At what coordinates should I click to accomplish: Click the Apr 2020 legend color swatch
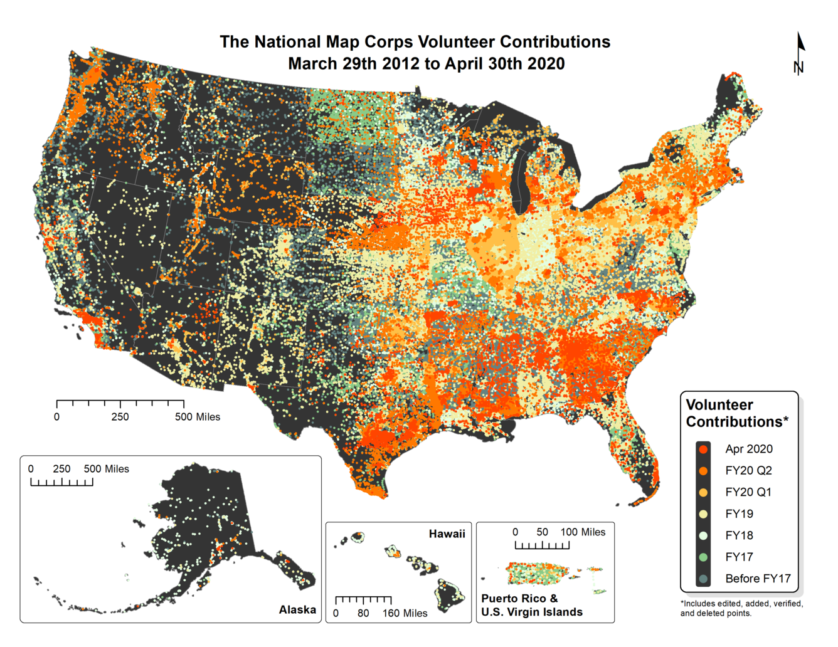(x=703, y=449)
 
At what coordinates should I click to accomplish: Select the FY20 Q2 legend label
(x=748, y=471)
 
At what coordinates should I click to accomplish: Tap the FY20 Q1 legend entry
(x=748, y=492)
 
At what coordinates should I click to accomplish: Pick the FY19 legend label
(x=739, y=514)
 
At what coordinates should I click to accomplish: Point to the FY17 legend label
(x=739, y=557)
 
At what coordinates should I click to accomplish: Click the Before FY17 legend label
(x=758, y=579)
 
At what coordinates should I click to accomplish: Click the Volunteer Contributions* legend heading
(x=736, y=413)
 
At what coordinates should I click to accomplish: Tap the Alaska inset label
(x=297, y=610)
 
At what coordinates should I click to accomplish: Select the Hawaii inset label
(x=447, y=534)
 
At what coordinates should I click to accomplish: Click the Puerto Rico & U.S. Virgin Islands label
(x=532, y=606)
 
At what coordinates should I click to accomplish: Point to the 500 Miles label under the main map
(x=198, y=417)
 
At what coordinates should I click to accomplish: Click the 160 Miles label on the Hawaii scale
(x=405, y=613)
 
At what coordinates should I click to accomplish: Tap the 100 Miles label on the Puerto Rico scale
(x=583, y=532)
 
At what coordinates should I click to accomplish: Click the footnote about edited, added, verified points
(x=741, y=608)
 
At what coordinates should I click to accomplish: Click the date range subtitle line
(x=426, y=64)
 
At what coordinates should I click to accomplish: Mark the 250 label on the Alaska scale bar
(x=61, y=469)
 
